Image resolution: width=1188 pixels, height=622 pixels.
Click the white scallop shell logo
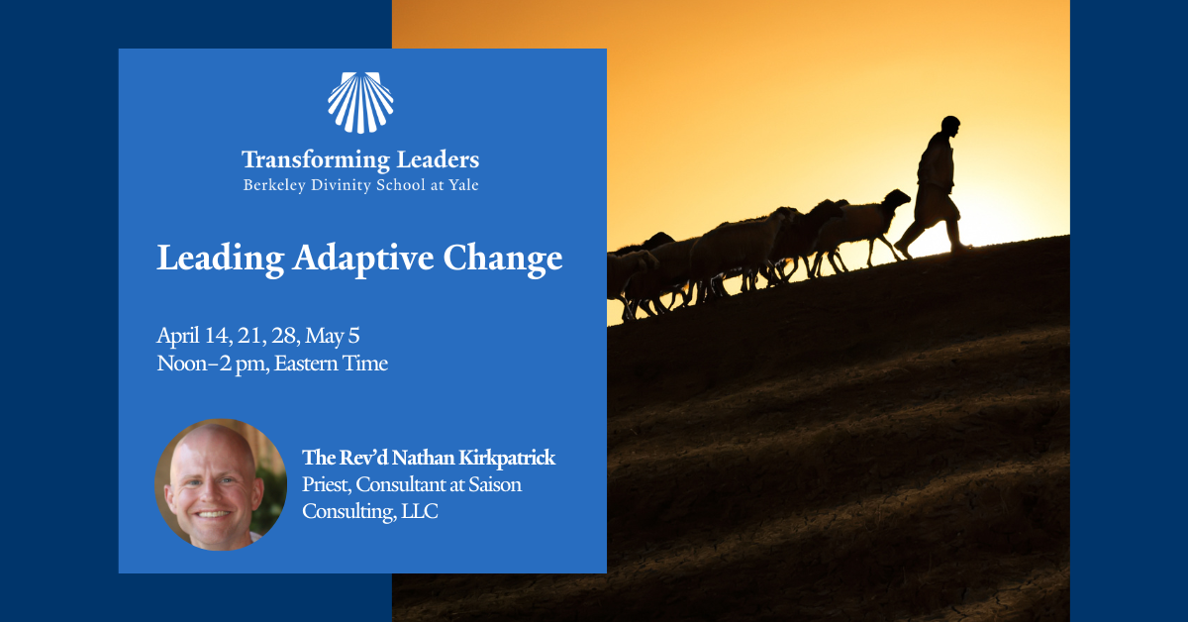point(360,103)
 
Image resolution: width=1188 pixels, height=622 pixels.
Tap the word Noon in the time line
point(182,363)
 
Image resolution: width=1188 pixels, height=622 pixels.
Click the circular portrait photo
point(221,484)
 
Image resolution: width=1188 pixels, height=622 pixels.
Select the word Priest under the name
point(326,485)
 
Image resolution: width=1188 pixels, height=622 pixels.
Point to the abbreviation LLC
point(417,512)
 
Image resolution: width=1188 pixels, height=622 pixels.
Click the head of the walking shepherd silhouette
point(949,127)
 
